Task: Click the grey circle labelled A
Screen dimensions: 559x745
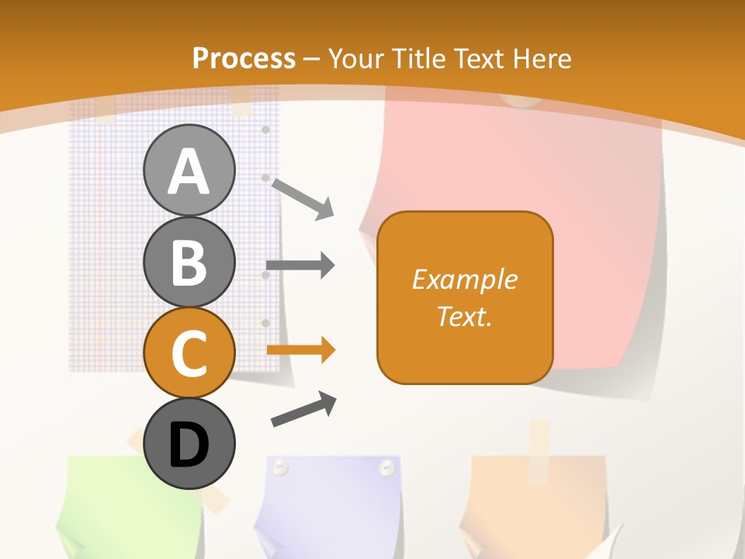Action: point(189,171)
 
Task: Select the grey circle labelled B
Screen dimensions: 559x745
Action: point(189,262)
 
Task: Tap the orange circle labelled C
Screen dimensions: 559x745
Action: point(189,352)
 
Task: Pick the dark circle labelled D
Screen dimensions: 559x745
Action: point(189,444)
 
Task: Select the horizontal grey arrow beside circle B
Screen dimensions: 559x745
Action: point(300,266)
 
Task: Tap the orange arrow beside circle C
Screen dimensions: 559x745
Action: point(300,350)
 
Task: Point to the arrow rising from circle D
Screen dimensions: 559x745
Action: point(303,409)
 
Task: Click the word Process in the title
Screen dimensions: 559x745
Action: point(244,58)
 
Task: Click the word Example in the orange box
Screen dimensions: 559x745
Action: point(464,279)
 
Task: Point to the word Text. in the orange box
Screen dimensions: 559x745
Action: point(464,316)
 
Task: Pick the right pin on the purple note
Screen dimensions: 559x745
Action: point(386,467)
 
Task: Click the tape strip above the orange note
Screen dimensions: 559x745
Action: point(539,443)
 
